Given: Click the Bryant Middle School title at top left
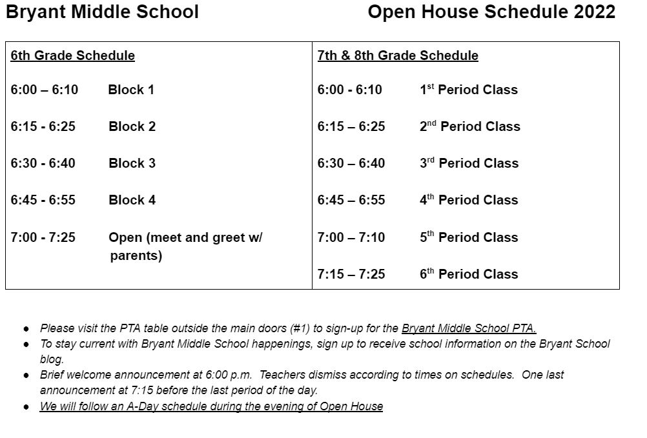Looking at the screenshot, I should pos(102,12).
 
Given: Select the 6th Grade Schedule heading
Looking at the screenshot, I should pos(72,55).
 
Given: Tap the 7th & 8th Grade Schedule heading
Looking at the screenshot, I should pos(398,55).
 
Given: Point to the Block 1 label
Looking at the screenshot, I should pos(131,90).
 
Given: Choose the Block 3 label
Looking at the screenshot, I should pos(132,163).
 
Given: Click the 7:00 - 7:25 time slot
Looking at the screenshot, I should pos(43,237).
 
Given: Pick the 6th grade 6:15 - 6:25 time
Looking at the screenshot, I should pos(43,126).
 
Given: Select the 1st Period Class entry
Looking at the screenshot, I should pos(469,90).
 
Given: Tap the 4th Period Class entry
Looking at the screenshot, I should pos(469,200).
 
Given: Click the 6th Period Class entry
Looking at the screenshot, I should pos(469,274).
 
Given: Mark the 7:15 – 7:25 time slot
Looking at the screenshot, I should pos(351,274).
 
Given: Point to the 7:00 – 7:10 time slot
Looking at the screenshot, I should pos(351,237).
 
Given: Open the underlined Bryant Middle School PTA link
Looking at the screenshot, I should pos(469,328).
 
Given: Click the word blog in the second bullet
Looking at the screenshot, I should pos(52,359).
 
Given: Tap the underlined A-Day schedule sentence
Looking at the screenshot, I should pos(211,406).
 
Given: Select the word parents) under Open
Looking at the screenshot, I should pos(136,255).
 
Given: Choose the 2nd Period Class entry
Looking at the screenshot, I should pos(470,126).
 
